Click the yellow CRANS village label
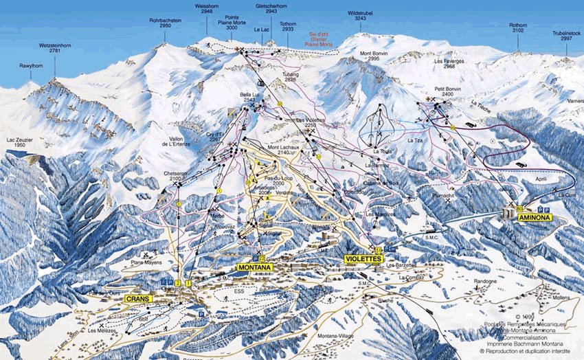(138, 299)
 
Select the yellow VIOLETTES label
(361, 259)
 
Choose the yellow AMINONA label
(535, 217)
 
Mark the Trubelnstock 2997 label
(566, 36)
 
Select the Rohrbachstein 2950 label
(165, 23)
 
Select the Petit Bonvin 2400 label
(447, 91)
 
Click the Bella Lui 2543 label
(248, 98)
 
